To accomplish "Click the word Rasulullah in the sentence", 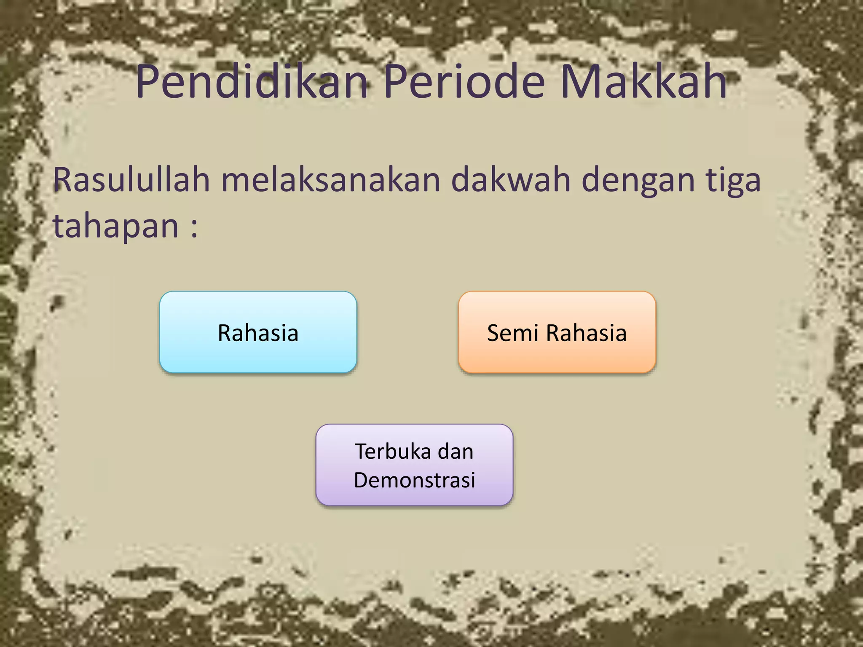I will tap(131, 180).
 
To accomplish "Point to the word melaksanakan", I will tap(331, 180).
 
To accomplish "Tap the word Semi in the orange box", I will tap(513, 333).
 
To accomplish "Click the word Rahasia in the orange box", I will tap(586, 333).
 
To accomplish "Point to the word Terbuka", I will tap(393, 452).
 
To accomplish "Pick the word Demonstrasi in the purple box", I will tap(414, 480).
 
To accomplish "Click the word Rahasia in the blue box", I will tap(258, 333).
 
